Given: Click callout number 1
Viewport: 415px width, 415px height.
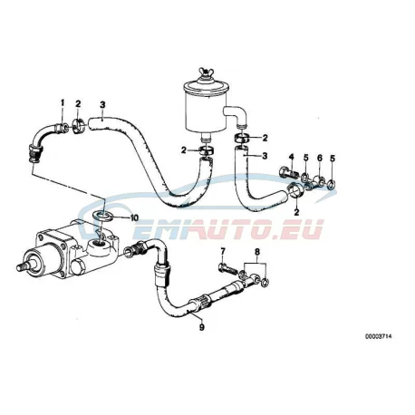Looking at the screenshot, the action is coord(63,103).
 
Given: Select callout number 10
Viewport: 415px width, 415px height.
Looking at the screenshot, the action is coord(134,217).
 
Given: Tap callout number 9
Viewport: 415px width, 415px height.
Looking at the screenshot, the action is coord(202,327).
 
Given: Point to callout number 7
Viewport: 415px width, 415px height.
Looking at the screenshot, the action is coord(223,251).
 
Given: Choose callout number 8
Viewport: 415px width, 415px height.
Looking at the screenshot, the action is coord(257,251).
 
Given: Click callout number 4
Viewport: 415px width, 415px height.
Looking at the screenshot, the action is coord(292,157).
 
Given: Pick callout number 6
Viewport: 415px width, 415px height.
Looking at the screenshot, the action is coord(320,158).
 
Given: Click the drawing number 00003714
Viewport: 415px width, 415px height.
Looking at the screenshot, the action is coord(379,336).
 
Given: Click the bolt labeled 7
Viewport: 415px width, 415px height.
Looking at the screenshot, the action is coord(227,268).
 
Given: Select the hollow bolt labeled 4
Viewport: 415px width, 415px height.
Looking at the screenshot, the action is coord(289,172).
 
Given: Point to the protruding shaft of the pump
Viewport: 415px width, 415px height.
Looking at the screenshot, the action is coord(22,267).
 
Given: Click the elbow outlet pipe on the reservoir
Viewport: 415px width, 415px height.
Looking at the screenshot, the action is coord(236,115).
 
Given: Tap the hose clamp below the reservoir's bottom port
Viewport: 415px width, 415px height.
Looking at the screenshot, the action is coord(207,150).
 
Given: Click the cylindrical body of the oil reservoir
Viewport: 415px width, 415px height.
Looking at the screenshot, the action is coord(203,111).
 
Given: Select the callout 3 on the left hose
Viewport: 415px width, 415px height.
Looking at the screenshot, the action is coord(102,105).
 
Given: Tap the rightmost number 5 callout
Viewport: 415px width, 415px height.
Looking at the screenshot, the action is coord(333,158).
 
